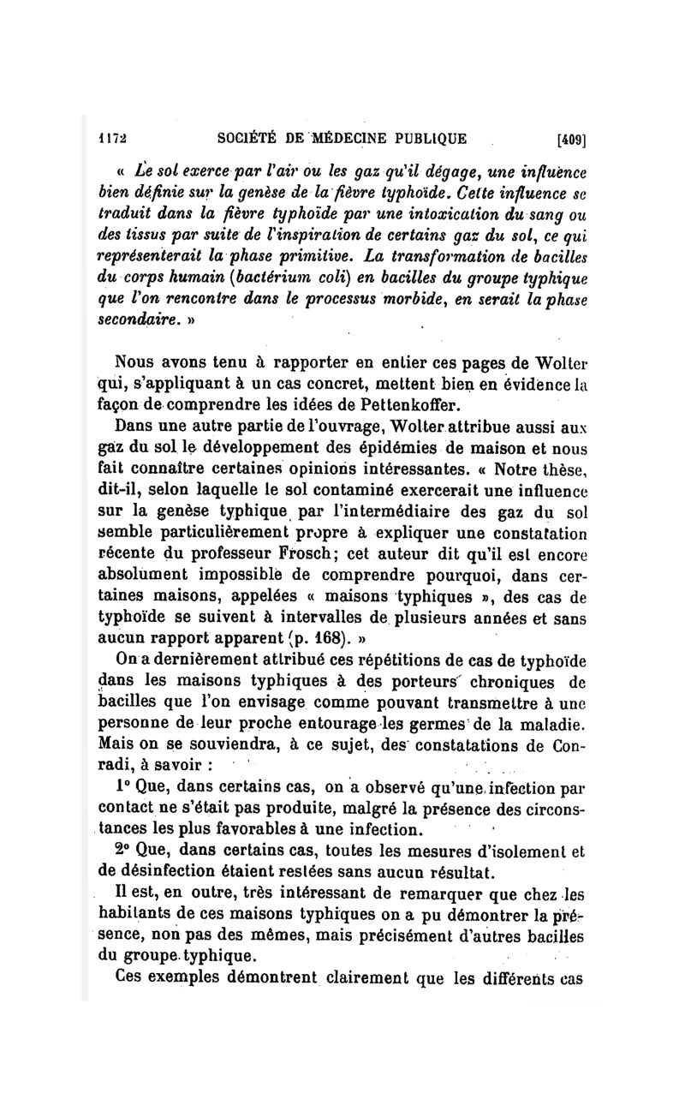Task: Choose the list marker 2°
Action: pyautogui.click(x=123, y=851)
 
